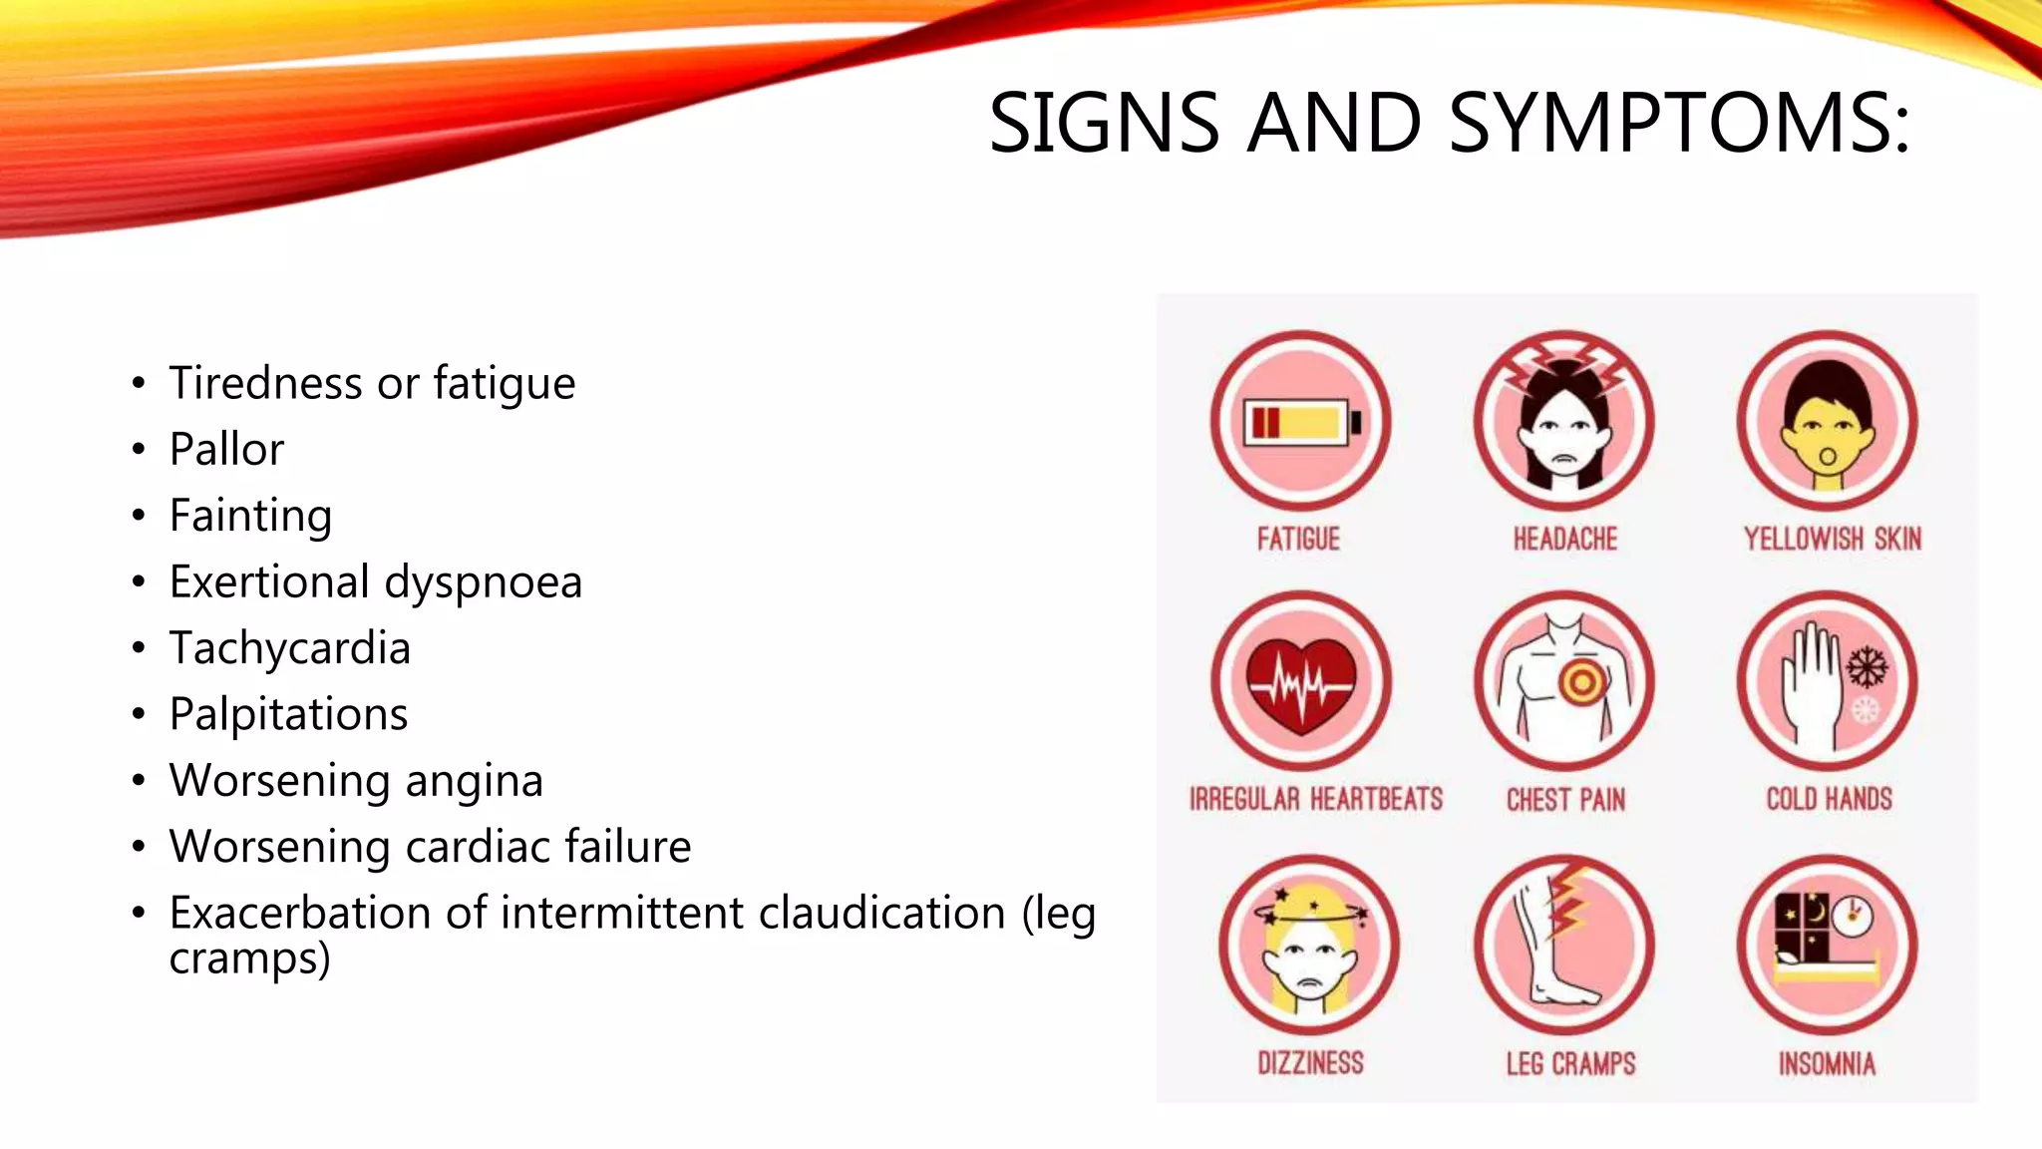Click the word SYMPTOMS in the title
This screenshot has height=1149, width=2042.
pos(1679,123)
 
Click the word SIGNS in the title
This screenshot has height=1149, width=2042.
pos(1104,123)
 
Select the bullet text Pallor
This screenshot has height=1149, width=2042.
pos(226,449)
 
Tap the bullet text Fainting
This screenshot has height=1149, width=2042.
pos(250,516)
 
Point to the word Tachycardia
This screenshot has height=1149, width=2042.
pos(289,648)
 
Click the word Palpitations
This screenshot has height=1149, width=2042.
pos(288,714)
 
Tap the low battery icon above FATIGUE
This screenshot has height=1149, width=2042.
pos(1300,423)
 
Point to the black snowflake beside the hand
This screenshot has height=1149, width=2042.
pos(1867,666)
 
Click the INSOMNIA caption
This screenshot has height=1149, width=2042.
pos(1827,1064)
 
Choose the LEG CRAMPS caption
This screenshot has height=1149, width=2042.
pos(1570,1064)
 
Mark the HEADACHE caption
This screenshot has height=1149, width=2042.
pos(1564,540)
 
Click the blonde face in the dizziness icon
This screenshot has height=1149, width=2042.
pos(1308,962)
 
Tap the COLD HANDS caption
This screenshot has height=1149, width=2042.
pos(1829,799)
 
